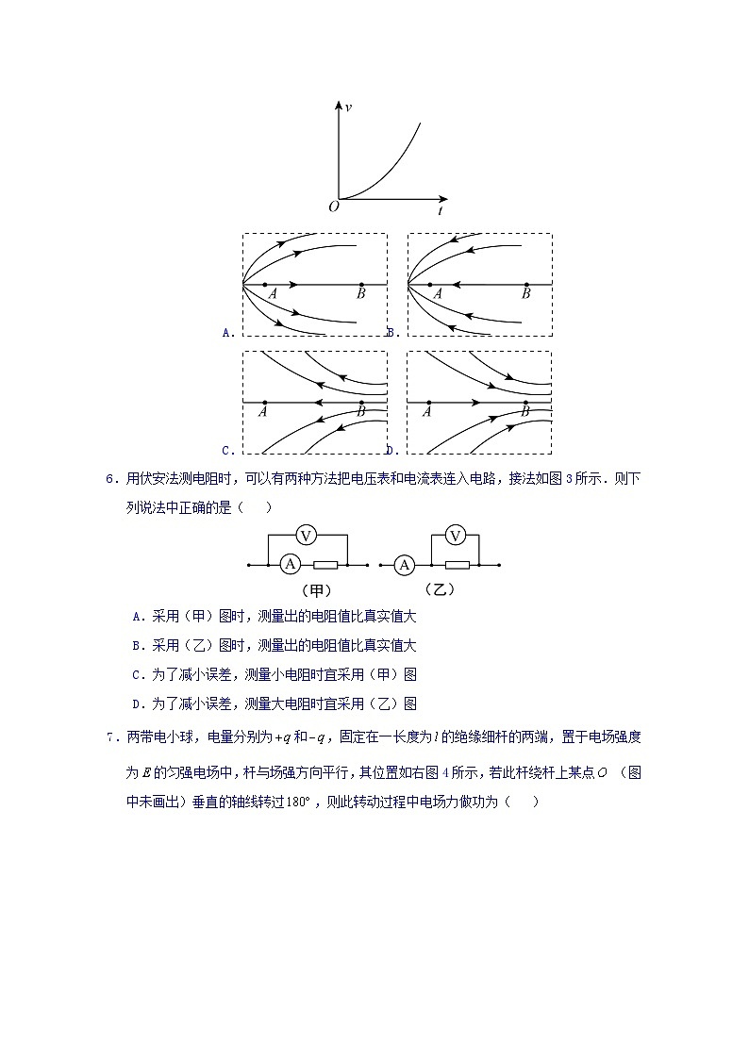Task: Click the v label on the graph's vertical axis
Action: (x=349, y=108)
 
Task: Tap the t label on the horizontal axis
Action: (x=441, y=210)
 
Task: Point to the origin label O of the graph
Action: (x=333, y=207)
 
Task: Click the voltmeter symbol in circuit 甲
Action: (x=305, y=536)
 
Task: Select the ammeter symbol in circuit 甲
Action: (x=291, y=565)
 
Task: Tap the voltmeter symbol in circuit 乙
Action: (x=456, y=536)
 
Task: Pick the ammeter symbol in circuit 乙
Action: (x=405, y=565)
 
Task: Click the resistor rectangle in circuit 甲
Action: (x=325, y=565)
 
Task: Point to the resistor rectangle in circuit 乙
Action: (x=457, y=565)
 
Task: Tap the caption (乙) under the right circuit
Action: (x=439, y=590)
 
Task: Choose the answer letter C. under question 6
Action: (x=138, y=674)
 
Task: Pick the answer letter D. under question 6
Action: (x=138, y=703)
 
